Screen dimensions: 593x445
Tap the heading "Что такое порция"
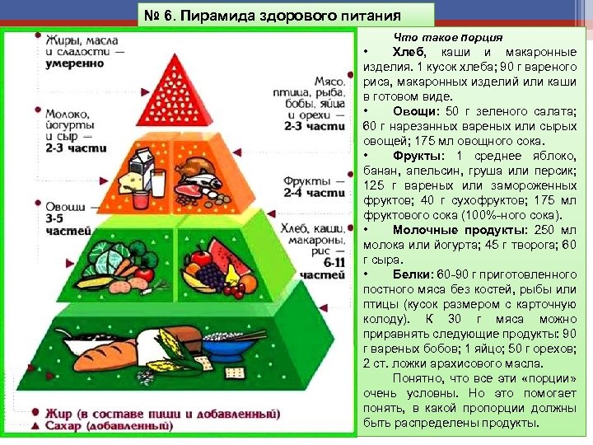coord(448,39)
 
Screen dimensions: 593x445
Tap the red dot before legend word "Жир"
coord(35,410)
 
